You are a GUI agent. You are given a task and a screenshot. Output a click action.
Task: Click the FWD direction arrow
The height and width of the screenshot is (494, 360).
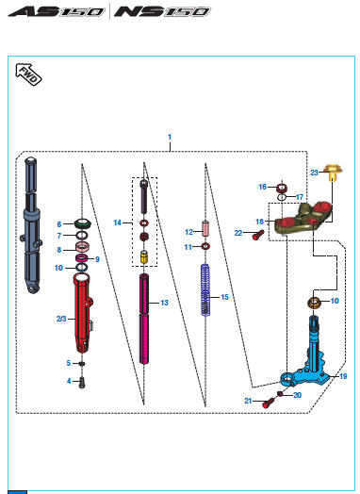click(x=28, y=74)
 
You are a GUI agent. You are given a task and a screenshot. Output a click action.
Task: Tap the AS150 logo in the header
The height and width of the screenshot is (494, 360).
click(x=56, y=11)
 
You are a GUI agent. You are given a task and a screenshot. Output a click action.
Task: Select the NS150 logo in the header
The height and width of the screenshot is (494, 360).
click(x=162, y=11)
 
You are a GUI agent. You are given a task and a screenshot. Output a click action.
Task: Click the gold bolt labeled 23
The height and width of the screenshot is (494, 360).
click(x=334, y=173)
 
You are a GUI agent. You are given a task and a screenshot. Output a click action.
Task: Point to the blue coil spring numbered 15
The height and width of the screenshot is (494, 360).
click(x=205, y=289)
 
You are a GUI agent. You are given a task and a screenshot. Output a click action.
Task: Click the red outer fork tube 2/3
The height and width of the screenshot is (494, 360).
click(x=82, y=315)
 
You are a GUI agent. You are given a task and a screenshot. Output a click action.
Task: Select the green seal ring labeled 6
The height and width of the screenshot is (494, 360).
click(x=83, y=223)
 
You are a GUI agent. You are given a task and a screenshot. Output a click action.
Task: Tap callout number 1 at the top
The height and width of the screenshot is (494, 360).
click(x=170, y=137)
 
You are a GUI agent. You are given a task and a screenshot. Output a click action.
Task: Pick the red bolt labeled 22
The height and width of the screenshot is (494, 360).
click(x=257, y=235)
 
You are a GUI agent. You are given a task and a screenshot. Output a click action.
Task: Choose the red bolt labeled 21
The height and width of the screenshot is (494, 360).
click(x=269, y=403)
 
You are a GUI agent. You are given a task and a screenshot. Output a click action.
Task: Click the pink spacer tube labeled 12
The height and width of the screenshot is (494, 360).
click(x=205, y=229)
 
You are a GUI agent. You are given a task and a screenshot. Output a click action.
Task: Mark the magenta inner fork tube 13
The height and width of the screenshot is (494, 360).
click(x=144, y=319)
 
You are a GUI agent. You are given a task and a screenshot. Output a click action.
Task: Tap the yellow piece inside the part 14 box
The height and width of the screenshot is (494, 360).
click(x=144, y=257)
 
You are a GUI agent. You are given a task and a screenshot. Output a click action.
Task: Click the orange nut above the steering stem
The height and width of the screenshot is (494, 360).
click(x=314, y=303)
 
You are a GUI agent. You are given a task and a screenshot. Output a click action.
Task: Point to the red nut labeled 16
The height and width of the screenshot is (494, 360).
click(x=282, y=189)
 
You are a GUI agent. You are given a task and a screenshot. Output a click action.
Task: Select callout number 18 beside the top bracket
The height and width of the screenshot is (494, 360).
click(x=259, y=222)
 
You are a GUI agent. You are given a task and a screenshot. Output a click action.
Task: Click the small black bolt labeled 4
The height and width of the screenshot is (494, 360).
click(x=82, y=383)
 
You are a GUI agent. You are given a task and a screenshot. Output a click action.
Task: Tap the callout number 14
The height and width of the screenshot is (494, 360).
click(x=118, y=222)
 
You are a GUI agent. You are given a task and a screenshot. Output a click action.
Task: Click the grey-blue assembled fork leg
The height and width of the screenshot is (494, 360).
click(x=32, y=225)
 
